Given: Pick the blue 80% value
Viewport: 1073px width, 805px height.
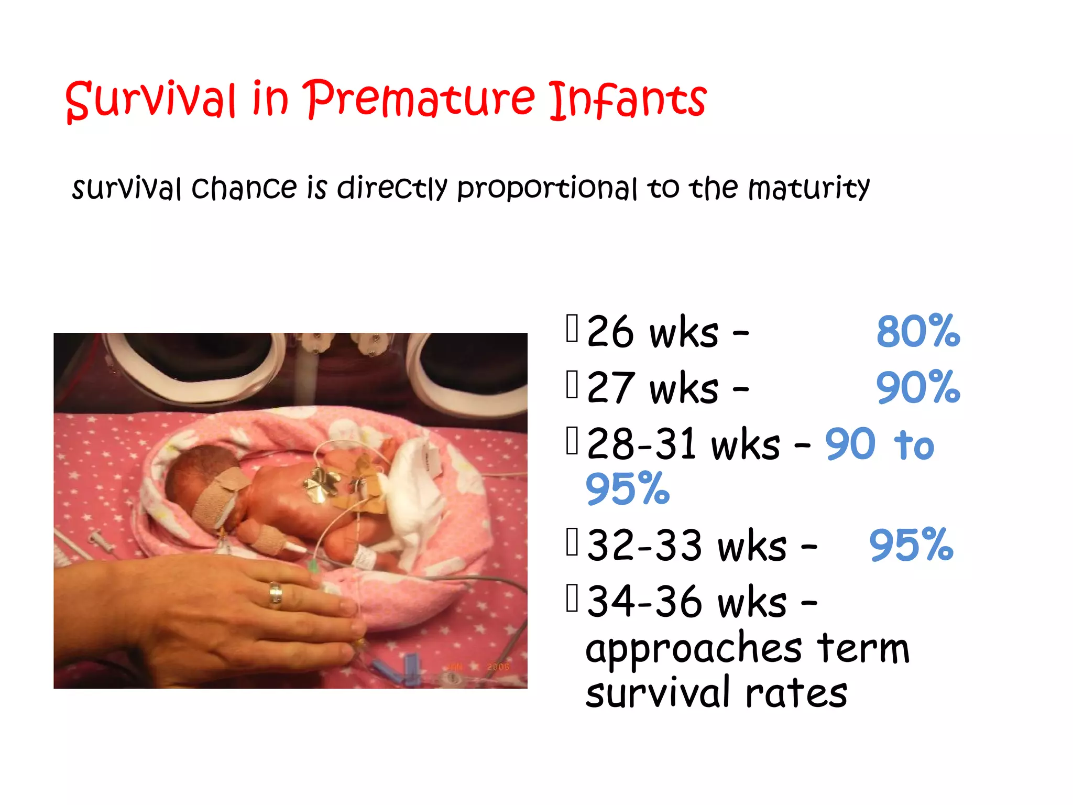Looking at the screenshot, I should pos(918,332).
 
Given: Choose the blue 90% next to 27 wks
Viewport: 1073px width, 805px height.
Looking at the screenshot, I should pos(918,388).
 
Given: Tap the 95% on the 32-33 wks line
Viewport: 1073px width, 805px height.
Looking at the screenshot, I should pos(911,546).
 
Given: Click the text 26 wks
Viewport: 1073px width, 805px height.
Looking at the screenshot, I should pos(652,332).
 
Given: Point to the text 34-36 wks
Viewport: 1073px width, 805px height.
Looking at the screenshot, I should pos(686,602).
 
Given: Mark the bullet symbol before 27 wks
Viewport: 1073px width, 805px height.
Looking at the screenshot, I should pos(572,385).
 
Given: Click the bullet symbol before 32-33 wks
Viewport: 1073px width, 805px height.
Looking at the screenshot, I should pos(572,542).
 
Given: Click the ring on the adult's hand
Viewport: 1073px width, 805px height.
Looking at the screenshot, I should pos(275,595).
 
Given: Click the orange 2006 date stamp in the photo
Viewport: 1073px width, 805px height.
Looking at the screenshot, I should pos(498,667).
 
